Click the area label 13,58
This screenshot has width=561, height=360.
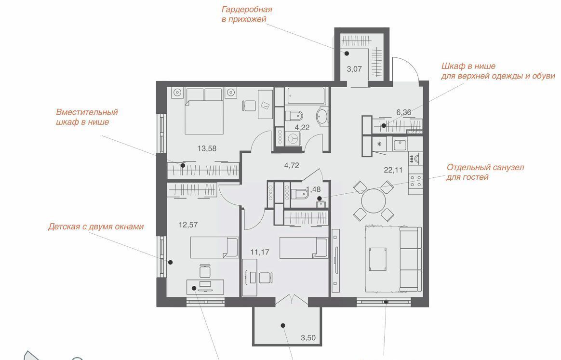click(207, 148)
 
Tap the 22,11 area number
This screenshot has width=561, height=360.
click(393, 170)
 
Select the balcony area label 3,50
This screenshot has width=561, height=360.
click(308, 337)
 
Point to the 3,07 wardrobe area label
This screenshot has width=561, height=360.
click(354, 69)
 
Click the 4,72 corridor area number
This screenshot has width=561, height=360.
click(292, 165)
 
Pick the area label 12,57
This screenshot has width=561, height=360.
click(188, 225)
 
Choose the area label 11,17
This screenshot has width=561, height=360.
click(260, 252)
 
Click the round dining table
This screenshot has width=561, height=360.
click(374, 201)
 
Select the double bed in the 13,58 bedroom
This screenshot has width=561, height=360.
click(204, 111)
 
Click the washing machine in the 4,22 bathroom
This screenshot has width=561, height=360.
click(294, 137)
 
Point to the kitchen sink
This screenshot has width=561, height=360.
click(399, 145)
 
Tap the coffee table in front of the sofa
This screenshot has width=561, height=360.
click(378, 259)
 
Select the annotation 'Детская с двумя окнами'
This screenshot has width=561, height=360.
click(96, 227)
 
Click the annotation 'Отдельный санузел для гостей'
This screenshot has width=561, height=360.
click(485, 172)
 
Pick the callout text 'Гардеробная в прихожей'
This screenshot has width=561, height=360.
click(247, 14)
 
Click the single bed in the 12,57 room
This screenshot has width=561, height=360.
click(214, 247)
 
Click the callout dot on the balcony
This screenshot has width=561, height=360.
click(283, 326)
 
